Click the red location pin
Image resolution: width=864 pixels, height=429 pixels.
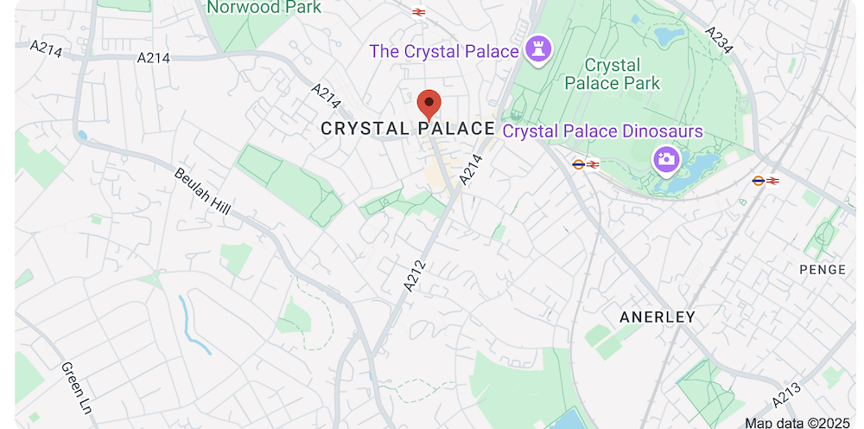click(x=429, y=104)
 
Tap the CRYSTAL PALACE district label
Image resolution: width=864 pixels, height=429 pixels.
click(x=408, y=129)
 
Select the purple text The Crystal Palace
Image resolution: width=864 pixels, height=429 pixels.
click(x=444, y=51)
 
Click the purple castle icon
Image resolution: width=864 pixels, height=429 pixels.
click(x=540, y=48)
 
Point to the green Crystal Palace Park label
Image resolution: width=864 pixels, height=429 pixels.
click(x=612, y=74)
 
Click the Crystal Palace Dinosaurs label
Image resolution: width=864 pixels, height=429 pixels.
click(x=602, y=131)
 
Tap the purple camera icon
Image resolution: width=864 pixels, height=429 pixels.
click(x=665, y=159)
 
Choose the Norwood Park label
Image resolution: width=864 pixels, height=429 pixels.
click(x=264, y=8)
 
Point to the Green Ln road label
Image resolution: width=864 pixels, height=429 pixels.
click(x=76, y=386)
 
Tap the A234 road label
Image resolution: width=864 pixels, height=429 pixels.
click(x=719, y=40)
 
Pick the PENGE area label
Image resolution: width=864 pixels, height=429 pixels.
click(x=823, y=270)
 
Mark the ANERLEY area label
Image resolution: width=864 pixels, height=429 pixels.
click(x=657, y=317)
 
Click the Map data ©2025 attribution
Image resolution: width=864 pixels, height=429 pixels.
click(x=797, y=422)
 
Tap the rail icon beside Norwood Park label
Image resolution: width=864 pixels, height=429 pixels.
click(x=419, y=12)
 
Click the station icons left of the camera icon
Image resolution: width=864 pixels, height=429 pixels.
click(x=585, y=163)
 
